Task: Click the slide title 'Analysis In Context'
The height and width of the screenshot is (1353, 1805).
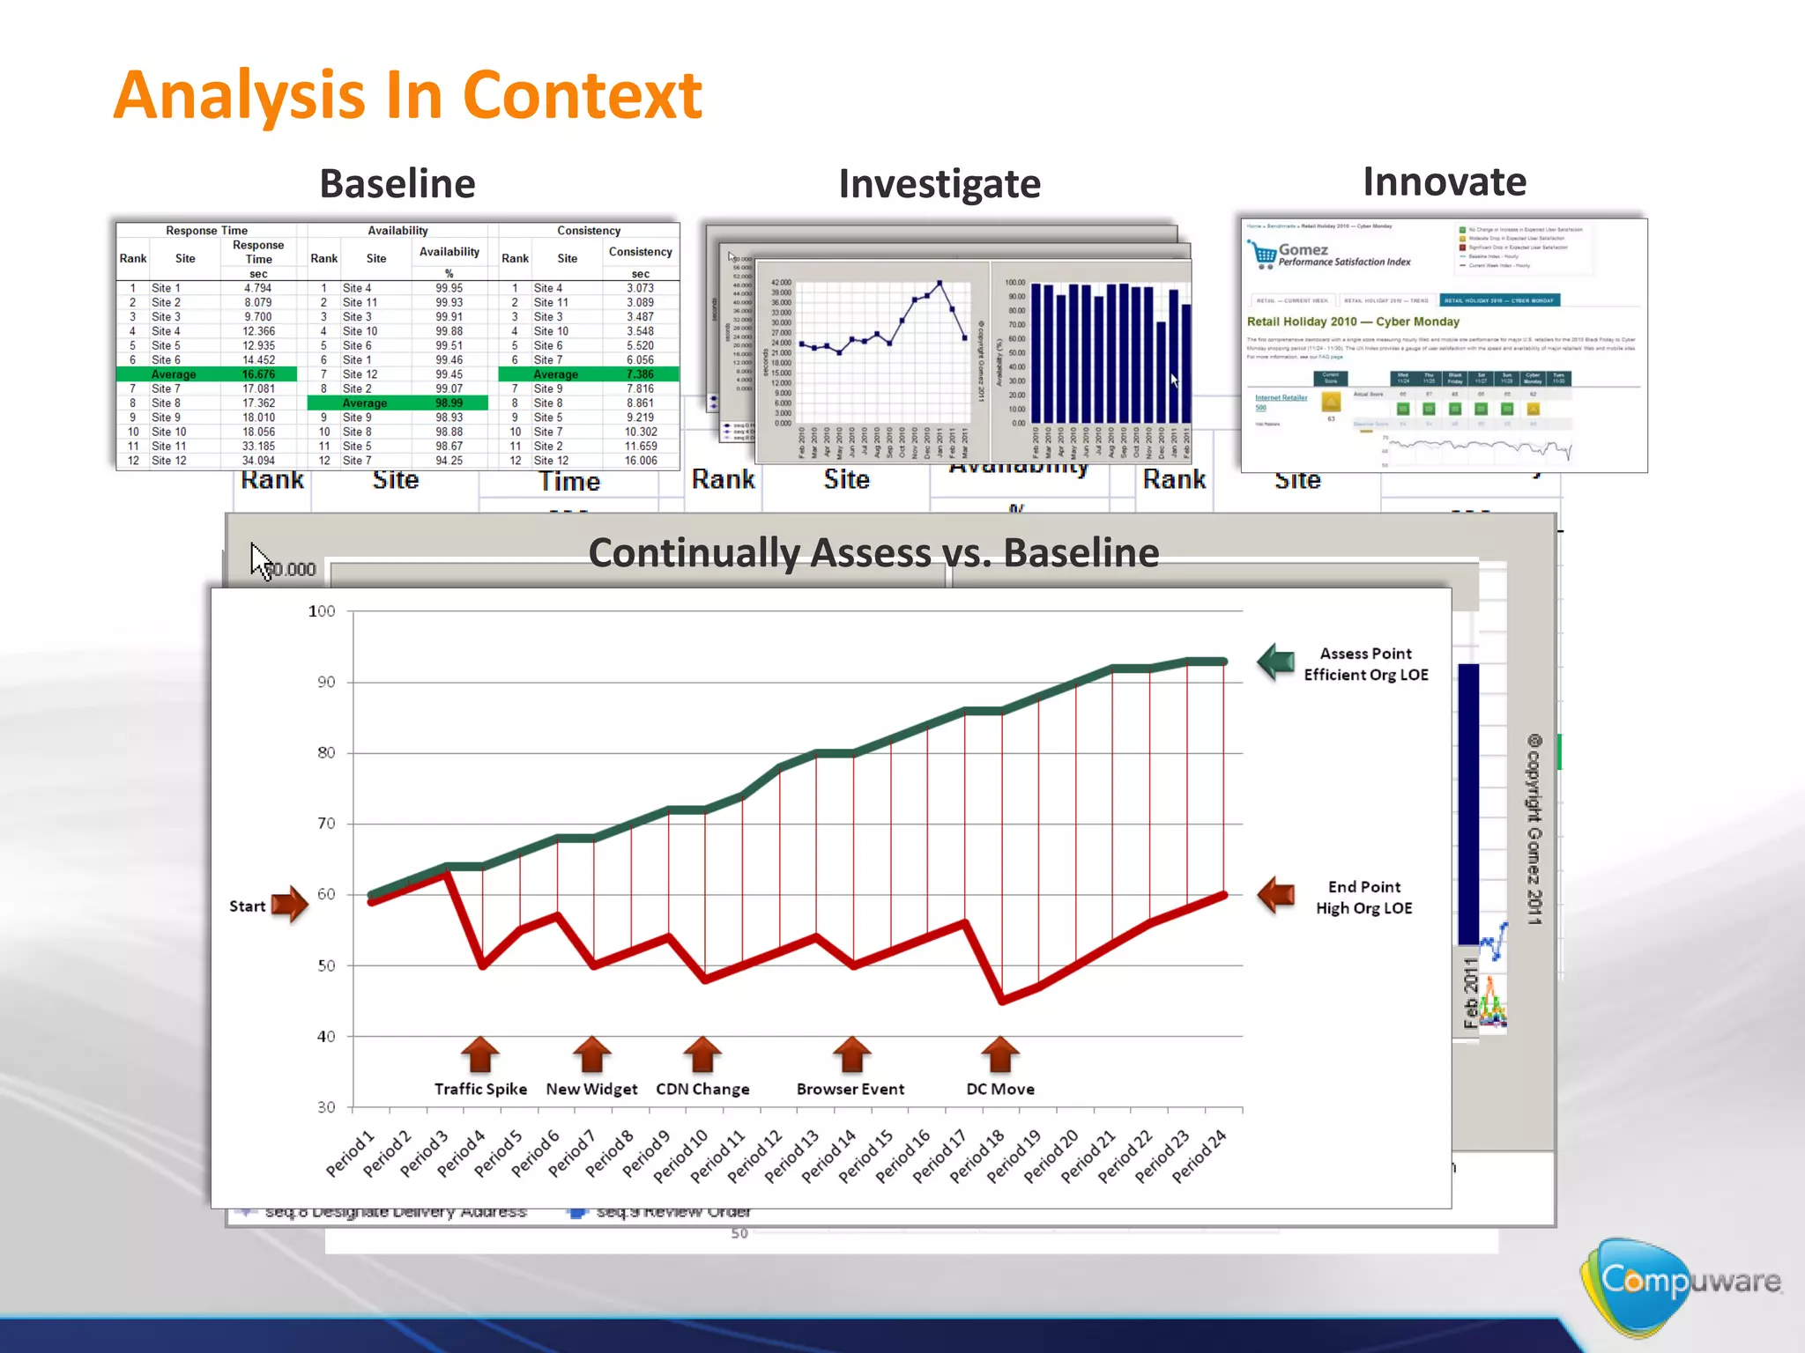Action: [407, 95]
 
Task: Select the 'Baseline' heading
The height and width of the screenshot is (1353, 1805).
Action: [397, 183]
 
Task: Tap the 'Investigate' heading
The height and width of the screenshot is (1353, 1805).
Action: [939, 183]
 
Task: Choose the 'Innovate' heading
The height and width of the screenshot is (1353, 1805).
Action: [1444, 181]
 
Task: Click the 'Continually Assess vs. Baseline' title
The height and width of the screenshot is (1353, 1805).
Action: [873, 553]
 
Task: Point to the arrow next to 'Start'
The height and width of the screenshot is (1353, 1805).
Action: [289, 904]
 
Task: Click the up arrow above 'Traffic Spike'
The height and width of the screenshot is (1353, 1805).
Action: [480, 1054]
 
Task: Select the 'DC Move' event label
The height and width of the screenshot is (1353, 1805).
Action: [999, 1089]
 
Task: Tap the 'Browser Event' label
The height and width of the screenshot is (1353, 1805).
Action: [850, 1089]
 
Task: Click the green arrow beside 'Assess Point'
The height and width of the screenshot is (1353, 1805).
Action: [1275, 662]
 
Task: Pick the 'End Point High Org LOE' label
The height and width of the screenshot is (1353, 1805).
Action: [1363, 898]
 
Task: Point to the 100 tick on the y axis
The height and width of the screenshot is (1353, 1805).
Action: [322, 611]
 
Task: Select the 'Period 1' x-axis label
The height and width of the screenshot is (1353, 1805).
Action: [352, 1153]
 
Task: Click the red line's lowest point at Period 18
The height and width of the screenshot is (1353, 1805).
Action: [1001, 1002]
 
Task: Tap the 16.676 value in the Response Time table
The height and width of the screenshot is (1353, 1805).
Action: [258, 374]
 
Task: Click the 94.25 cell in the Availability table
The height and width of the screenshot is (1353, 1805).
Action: [449, 461]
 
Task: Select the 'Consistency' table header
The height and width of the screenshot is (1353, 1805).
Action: [589, 231]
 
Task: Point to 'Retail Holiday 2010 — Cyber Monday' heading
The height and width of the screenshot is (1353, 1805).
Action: [1353, 322]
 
